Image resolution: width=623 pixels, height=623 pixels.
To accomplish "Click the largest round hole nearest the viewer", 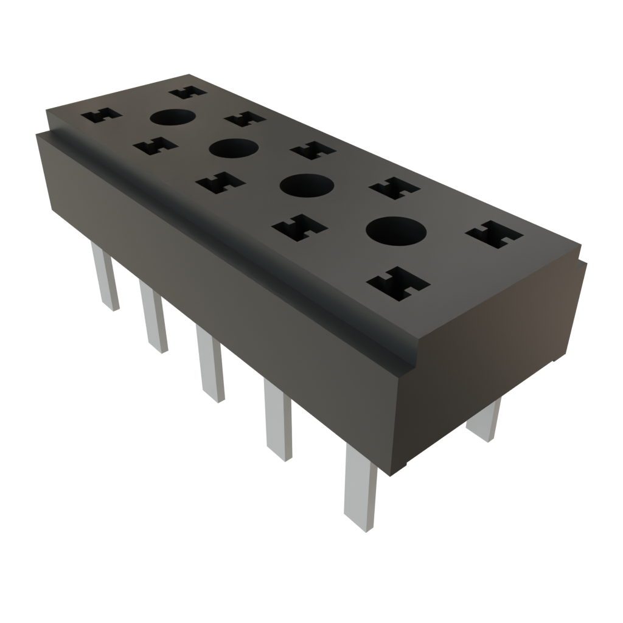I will tap(395, 232).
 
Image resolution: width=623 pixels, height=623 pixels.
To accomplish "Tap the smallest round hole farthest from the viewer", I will tap(172, 117).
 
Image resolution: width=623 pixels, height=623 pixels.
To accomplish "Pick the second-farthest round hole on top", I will tap(233, 148).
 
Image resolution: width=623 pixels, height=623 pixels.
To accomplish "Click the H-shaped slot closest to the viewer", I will tap(398, 284).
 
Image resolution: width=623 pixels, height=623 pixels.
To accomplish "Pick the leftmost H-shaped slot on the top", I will tap(101, 115).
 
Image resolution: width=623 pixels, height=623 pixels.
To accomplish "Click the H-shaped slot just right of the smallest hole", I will tap(245, 119).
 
